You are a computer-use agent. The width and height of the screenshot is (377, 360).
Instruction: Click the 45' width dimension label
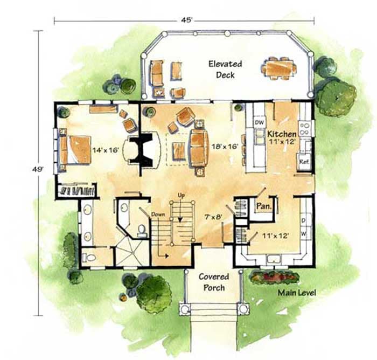pyautogui.click(x=186, y=20)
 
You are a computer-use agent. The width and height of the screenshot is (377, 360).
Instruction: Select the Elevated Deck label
pyautogui.click(x=225, y=70)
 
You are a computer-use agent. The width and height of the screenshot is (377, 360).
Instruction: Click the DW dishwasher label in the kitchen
pyautogui.click(x=259, y=123)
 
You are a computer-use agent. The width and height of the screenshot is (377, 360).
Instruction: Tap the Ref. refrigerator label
pyautogui.click(x=303, y=162)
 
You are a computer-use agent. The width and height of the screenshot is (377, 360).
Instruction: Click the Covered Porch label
pyautogui.click(x=213, y=282)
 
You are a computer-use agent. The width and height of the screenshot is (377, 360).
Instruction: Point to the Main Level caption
pyautogui.click(x=296, y=293)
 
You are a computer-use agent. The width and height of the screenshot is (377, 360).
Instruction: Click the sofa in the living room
pyautogui.click(x=198, y=147)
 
